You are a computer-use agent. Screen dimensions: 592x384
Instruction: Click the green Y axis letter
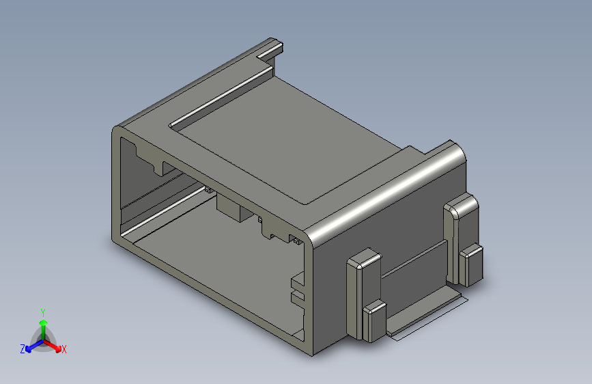pyautogui.click(x=42, y=312)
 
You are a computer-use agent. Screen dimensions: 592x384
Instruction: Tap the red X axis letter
pyautogui.click(x=64, y=349)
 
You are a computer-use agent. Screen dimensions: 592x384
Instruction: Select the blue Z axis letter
pyautogui.click(x=23, y=349)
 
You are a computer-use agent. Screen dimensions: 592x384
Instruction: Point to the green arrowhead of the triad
pyautogui.click(x=44, y=323)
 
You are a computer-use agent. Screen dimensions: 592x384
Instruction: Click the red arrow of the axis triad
pyautogui.click(x=52, y=346)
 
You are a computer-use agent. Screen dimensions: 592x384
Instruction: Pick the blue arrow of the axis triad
pyautogui.click(x=35, y=346)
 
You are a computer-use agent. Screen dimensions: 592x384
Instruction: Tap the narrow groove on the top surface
pyautogui.click(x=221, y=97)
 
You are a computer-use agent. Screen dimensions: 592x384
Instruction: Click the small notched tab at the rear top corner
pyautogui.click(x=270, y=49)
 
